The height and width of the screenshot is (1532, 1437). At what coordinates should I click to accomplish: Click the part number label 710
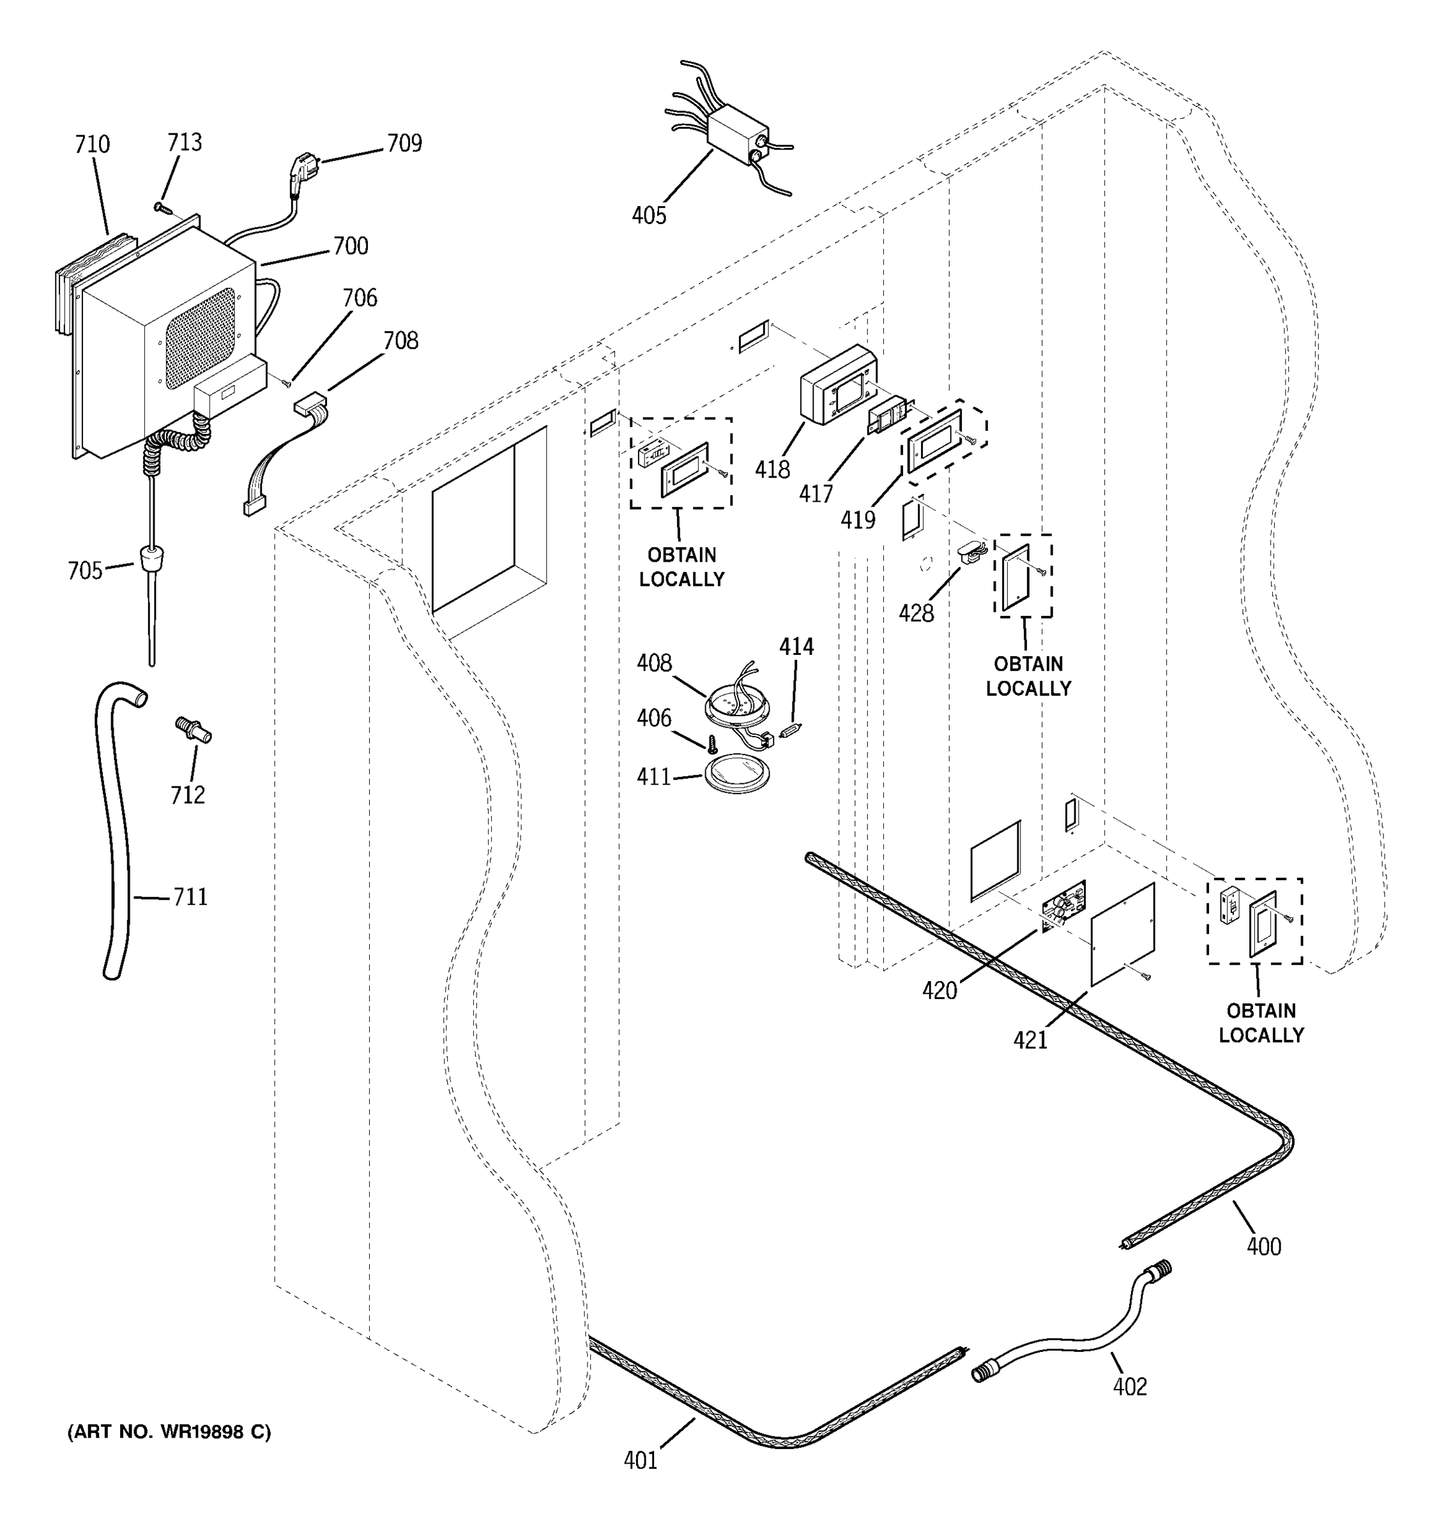tap(92, 145)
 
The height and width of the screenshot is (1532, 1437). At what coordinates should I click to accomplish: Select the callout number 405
tap(648, 215)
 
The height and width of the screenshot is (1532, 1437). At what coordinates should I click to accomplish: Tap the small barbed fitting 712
tap(194, 730)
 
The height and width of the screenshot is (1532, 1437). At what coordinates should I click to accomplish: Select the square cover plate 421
tap(1123, 934)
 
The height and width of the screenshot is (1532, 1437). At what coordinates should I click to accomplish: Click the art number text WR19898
tap(204, 1432)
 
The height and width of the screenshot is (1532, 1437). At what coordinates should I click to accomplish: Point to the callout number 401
tap(640, 1461)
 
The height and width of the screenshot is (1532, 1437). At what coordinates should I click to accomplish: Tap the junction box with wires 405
tap(738, 135)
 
